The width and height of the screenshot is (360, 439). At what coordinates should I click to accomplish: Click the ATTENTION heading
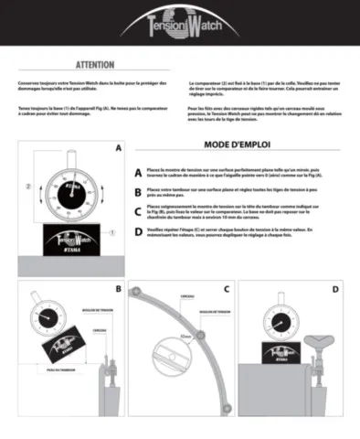(x=94, y=66)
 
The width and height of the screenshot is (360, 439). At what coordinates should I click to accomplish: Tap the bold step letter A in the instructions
(x=138, y=172)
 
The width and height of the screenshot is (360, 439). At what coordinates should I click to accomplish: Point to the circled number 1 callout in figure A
(x=111, y=233)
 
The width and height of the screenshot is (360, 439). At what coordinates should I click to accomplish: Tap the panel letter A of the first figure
(x=117, y=147)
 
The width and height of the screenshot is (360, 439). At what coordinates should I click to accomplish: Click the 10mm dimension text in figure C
(x=185, y=336)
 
